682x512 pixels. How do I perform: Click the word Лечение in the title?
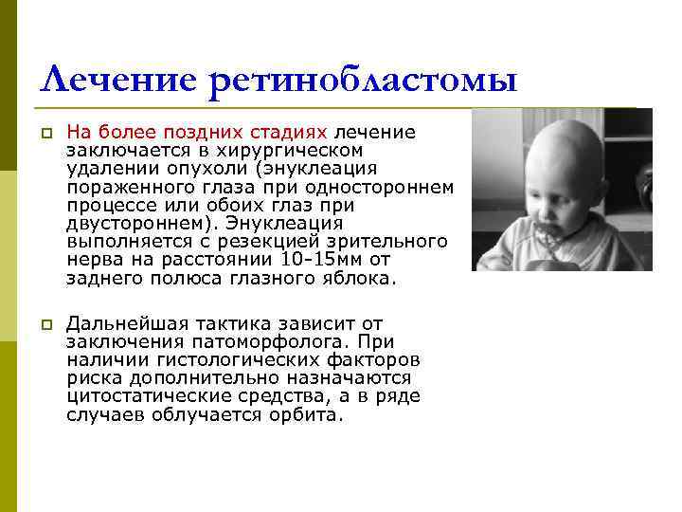118,80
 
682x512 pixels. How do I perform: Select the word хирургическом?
302,150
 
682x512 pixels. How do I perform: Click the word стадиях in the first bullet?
294,132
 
